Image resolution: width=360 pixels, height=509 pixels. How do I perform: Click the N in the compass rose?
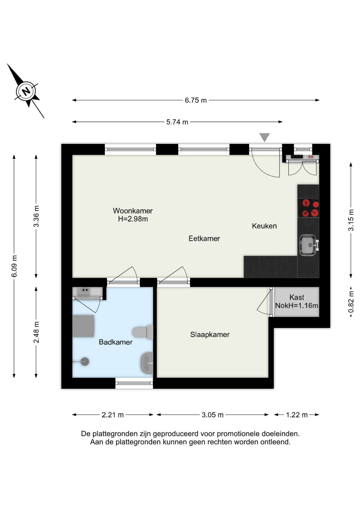tap(26, 91)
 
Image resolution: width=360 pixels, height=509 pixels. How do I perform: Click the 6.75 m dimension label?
tap(196, 100)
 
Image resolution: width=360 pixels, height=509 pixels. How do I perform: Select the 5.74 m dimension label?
tap(177, 122)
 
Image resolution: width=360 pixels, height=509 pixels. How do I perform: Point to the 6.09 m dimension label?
tap(14, 266)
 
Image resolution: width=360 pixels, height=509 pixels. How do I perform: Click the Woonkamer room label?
tap(133, 211)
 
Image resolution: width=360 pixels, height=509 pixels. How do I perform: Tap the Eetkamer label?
tap(204, 239)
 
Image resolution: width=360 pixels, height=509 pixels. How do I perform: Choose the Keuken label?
tap(264, 226)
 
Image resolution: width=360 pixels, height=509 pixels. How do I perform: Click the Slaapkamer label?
tap(210, 335)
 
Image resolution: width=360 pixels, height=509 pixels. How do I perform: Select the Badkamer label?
tap(116, 342)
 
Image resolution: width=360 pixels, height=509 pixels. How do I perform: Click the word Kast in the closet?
tap(297, 297)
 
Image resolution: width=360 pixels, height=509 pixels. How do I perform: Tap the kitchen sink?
tap(309, 245)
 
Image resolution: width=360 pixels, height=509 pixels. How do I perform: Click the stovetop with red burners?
tap(308, 208)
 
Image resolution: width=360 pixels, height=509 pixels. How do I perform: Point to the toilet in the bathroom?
tap(143, 332)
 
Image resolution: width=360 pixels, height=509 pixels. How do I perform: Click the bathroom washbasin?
tap(147, 363)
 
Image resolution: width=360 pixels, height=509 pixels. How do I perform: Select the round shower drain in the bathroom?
tap(85, 362)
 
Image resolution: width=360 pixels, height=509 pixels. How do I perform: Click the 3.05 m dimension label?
tap(213, 415)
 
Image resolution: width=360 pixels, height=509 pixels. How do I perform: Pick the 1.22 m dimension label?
tap(297, 415)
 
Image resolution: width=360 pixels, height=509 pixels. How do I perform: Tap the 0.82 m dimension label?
tap(351, 302)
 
